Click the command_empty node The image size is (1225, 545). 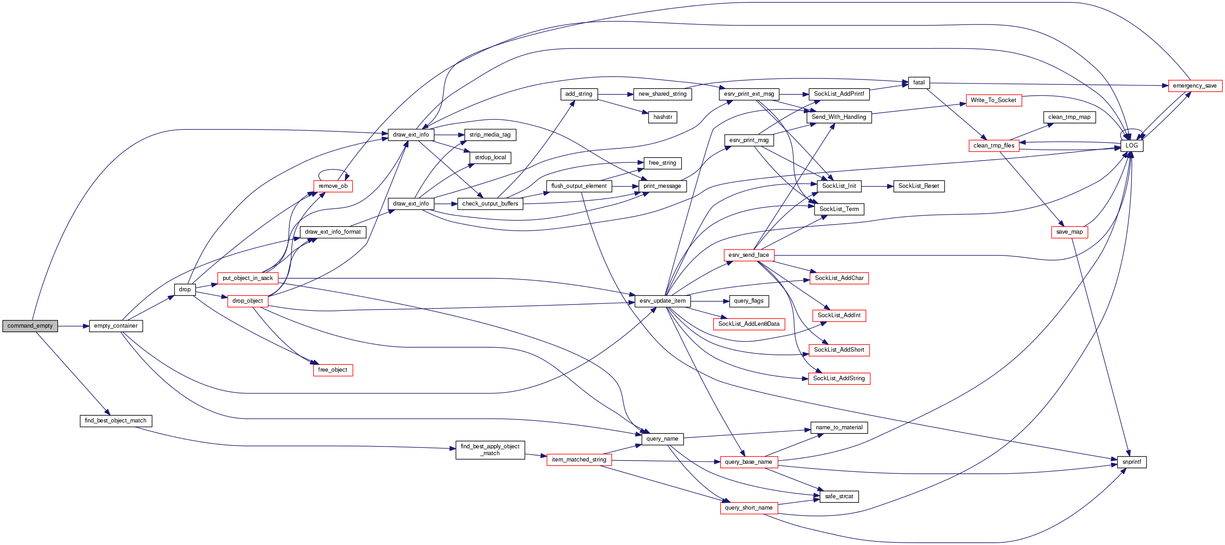[30, 326]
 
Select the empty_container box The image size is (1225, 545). [116, 326]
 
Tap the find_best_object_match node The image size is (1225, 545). [116, 421]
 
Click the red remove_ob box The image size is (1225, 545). [333, 186]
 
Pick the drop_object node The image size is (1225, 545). [247, 301]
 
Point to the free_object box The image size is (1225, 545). [332, 370]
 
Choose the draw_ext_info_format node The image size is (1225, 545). [332, 232]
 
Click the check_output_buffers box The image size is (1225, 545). [490, 204]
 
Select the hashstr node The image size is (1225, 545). [663, 117]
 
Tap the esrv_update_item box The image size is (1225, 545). [663, 301]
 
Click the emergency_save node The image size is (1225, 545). [1195, 86]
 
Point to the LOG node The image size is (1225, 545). [1131, 146]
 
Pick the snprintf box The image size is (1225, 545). [1131, 462]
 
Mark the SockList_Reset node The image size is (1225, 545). [918, 186]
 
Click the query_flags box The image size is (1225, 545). [748, 301]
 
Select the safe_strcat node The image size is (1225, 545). [839, 496]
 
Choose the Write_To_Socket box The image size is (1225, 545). [993, 100]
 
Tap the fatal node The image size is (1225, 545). [919, 83]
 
